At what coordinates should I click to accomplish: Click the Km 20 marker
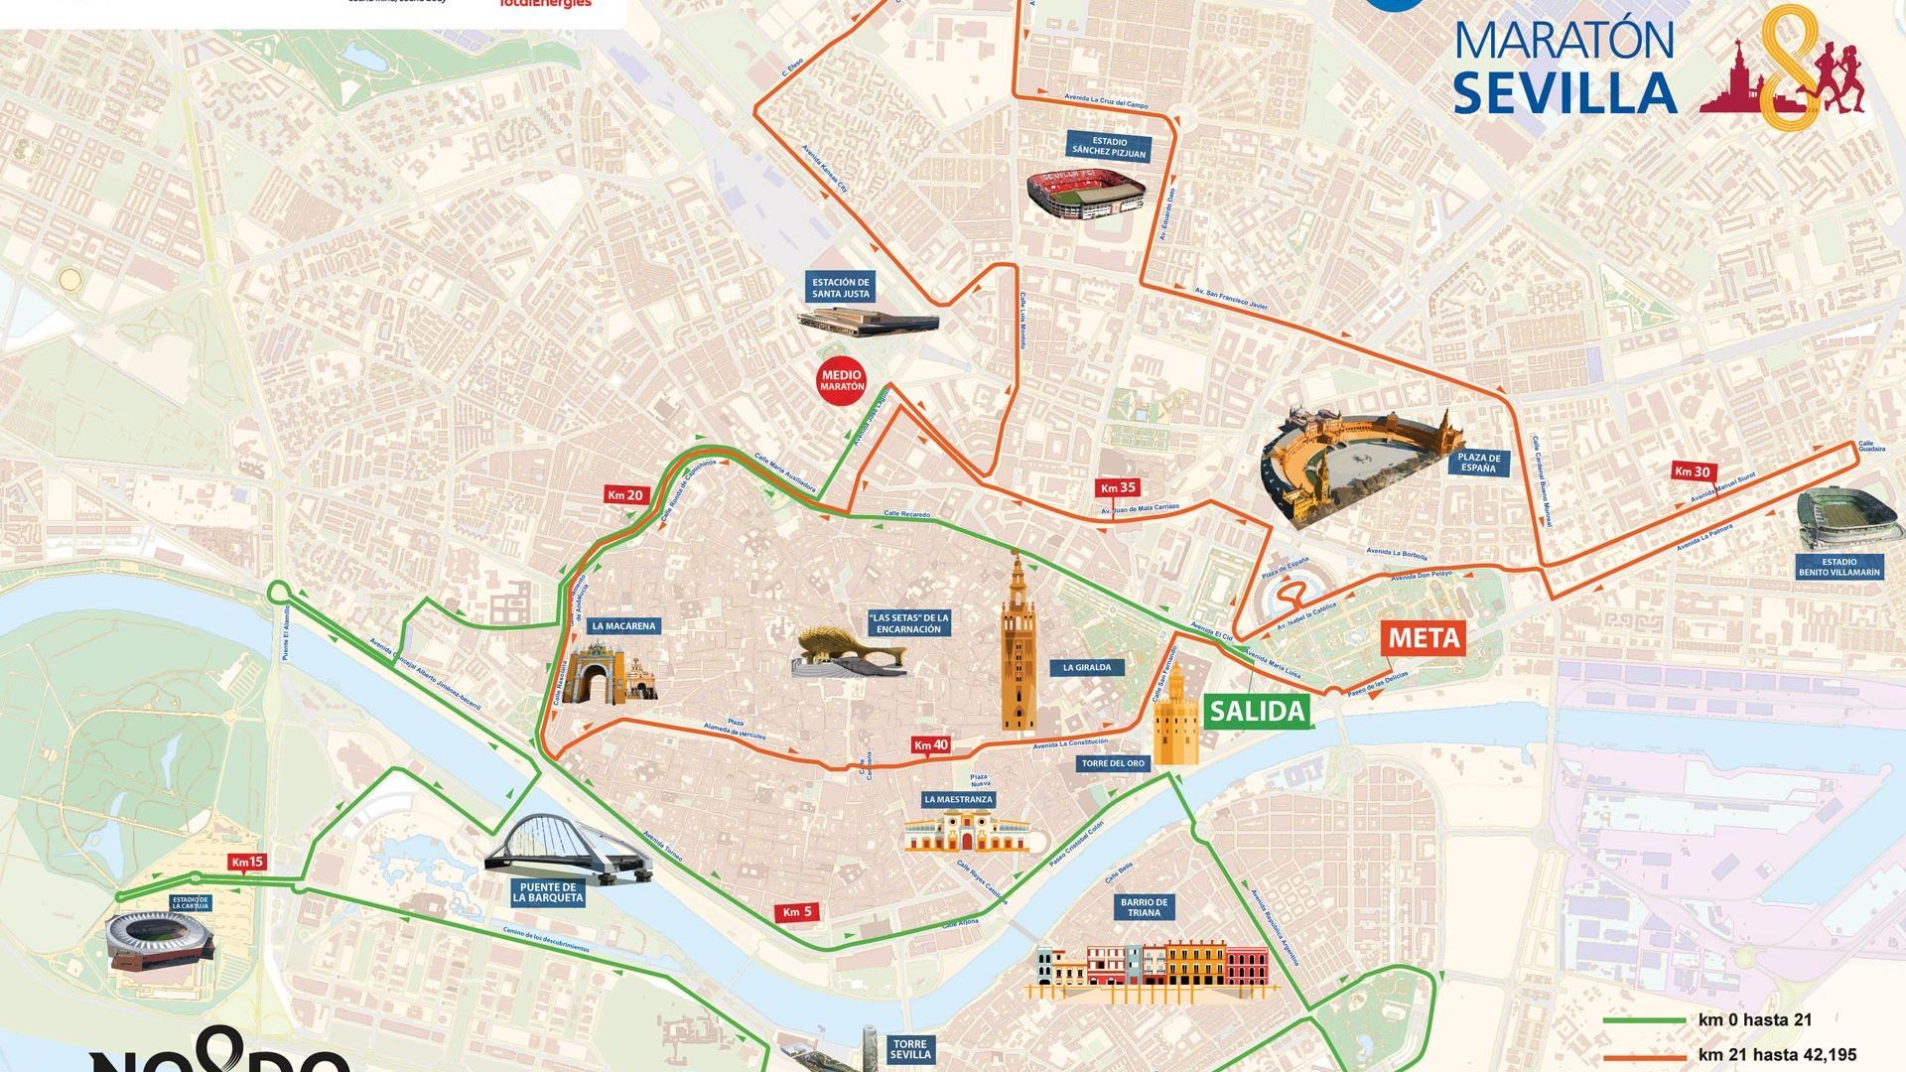pyautogui.click(x=626, y=494)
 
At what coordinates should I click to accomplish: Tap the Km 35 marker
pyautogui.click(x=1117, y=487)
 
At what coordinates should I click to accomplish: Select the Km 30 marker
pyautogui.click(x=1692, y=470)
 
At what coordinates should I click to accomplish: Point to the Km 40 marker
pyautogui.click(x=930, y=744)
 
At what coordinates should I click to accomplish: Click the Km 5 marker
pyautogui.click(x=797, y=912)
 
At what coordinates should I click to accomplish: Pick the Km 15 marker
pyautogui.click(x=246, y=862)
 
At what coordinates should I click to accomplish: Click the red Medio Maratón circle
pyautogui.click(x=841, y=380)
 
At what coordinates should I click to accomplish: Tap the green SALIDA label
pyautogui.click(x=1256, y=711)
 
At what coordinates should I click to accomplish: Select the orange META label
pyautogui.click(x=1424, y=637)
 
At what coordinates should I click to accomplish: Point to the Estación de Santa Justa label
pyautogui.click(x=841, y=288)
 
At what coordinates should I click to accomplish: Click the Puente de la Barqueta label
pyautogui.click(x=548, y=892)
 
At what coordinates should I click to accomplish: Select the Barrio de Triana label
pyautogui.click(x=1144, y=907)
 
